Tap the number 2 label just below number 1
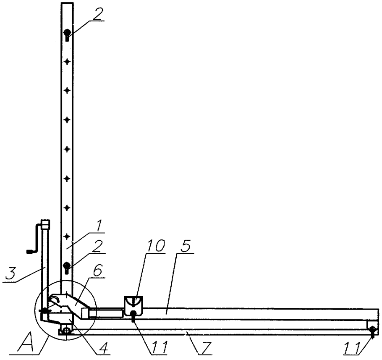(97, 247)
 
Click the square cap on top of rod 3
(46, 224)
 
